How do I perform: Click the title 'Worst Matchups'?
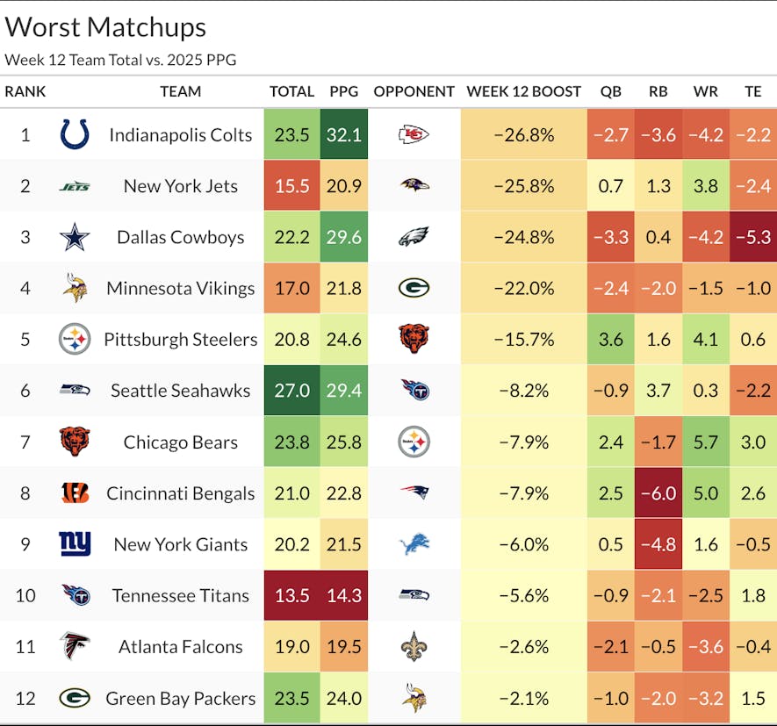[x=105, y=27]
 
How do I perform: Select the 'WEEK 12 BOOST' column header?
[x=523, y=91]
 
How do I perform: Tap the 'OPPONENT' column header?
[x=414, y=91]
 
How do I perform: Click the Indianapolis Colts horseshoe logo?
[x=75, y=134]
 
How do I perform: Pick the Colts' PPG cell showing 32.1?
[x=344, y=134]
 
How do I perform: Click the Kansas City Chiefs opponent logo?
[x=414, y=134]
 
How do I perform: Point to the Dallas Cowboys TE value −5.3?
[x=752, y=237]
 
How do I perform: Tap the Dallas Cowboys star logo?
[x=75, y=237]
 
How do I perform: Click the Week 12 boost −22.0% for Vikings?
[x=523, y=288]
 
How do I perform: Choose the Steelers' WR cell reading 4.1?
[x=705, y=339]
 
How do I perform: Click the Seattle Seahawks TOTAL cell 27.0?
[x=291, y=391]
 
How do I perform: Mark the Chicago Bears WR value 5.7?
[x=705, y=442]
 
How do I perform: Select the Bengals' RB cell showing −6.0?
[x=658, y=492]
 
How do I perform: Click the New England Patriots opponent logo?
[x=414, y=492]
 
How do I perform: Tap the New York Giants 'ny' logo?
[x=75, y=544]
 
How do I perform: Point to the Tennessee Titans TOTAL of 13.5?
[x=291, y=595]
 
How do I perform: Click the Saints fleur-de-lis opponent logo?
[x=414, y=647]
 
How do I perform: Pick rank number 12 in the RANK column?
[x=25, y=698]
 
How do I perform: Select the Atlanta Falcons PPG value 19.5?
[x=344, y=647]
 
